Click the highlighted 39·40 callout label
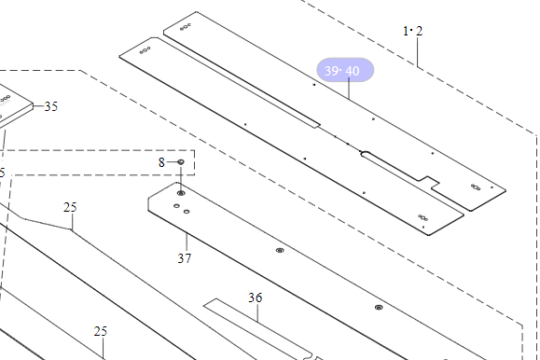345,70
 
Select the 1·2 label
412,31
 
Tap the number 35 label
51,106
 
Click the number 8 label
161,162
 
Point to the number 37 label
185,258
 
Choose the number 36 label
256,298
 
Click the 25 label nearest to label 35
70,207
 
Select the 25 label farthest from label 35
100,331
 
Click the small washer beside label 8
181,162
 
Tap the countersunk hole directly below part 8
181,193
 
